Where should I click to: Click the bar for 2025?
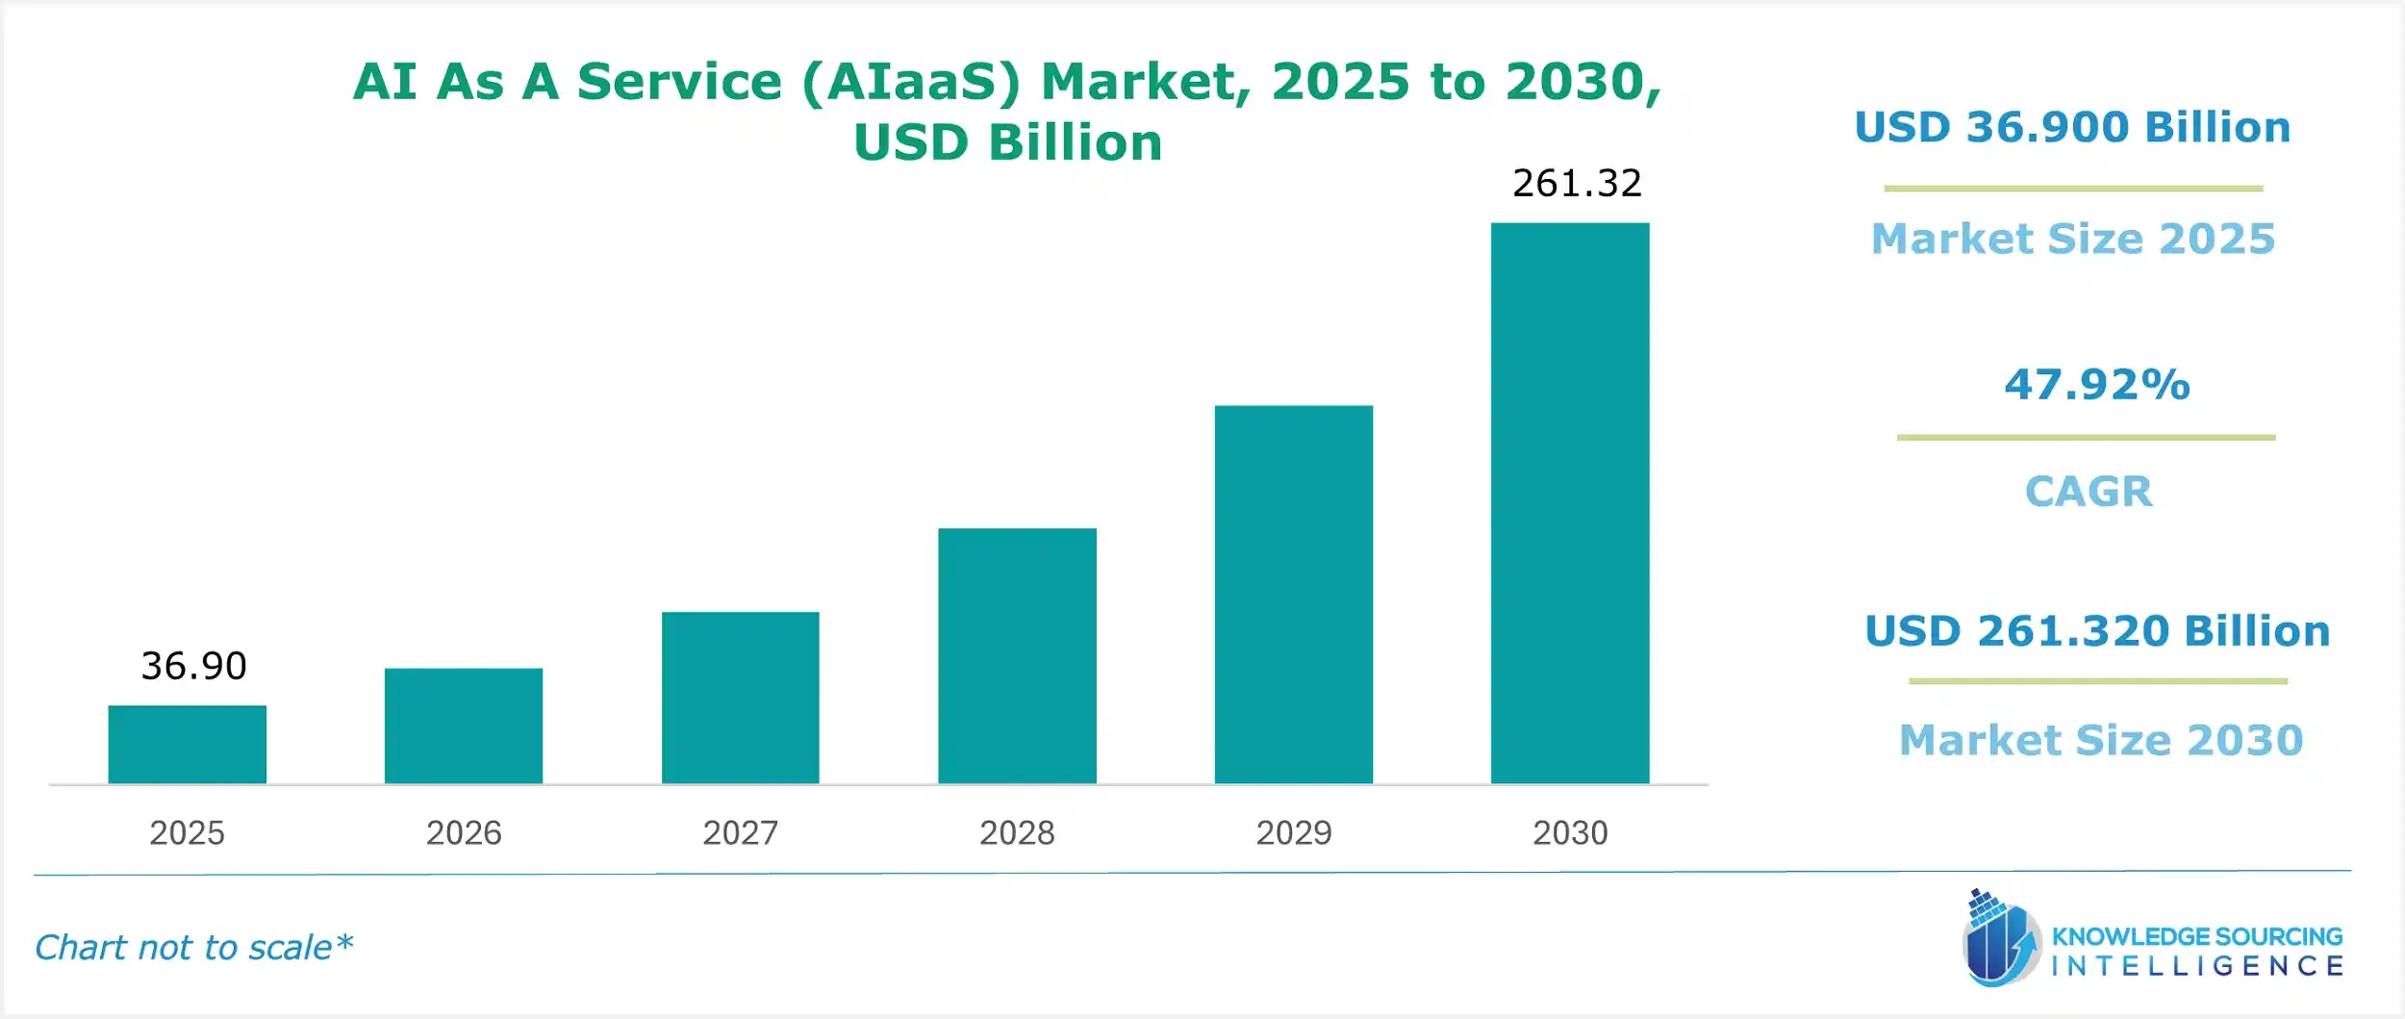tap(187, 744)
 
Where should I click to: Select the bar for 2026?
tap(463, 726)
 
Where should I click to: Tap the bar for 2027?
tap(740, 698)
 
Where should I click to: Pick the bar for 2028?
tap(1017, 655)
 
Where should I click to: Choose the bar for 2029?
tap(1293, 594)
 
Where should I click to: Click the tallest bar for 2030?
tap(1569, 502)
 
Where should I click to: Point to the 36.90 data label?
tap(193, 666)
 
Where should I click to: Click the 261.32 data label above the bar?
tap(1577, 183)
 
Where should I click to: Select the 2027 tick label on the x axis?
tap(740, 832)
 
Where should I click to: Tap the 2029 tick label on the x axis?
tap(1293, 832)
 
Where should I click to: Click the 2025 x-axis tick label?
tap(187, 832)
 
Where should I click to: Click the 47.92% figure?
tap(2097, 384)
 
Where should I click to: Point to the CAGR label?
tap(2089, 492)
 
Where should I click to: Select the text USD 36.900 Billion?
tap(2072, 127)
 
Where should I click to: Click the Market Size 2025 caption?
tap(2073, 239)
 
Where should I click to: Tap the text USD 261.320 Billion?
tap(2097, 631)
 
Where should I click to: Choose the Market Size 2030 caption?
tap(2101, 740)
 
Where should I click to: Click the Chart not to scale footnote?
tap(193, 948)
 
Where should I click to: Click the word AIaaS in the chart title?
tap(909, 82)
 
